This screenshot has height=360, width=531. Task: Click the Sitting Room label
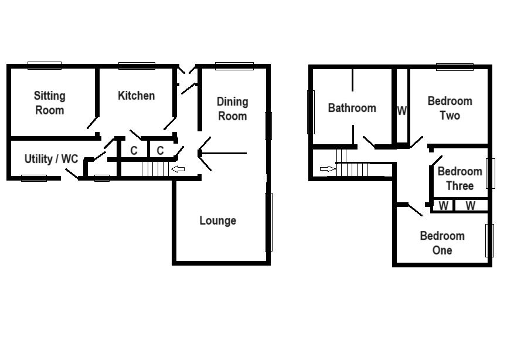[49, 103]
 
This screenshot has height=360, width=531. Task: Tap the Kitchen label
[136, 96]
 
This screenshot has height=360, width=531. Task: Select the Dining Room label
[232, 108]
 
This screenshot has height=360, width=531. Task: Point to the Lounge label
[217, 220]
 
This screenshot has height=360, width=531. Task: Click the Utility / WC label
[51, 159]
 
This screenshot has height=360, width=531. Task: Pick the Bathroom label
[352, 108]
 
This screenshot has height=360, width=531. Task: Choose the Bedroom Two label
[450, 108]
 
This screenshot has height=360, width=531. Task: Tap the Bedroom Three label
[459, 178]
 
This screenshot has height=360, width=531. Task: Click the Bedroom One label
[442, 243]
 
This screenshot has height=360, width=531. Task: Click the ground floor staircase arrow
[178, 169]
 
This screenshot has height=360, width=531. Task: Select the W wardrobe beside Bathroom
[401, 110]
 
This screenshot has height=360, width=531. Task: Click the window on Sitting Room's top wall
[45, 66]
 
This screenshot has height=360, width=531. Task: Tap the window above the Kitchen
[137, 66]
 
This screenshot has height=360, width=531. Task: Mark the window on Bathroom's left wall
[311, 111]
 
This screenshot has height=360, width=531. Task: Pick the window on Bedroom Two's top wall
[455, 67]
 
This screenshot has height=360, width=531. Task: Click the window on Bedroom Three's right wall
[491, 173]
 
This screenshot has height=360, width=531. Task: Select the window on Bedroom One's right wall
[490, 240]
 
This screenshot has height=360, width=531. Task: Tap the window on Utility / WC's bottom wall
[34, 178]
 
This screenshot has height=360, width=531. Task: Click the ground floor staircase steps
[155, 169]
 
